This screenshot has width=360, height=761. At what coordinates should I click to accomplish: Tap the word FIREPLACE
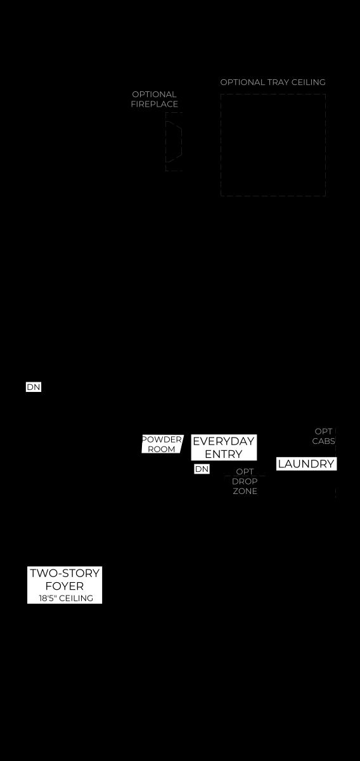click(x=155, y=104)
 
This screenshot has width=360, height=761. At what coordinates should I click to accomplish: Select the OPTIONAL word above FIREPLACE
click(x=154, y=94)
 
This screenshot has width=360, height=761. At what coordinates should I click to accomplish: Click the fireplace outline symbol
click(x=174, y=141)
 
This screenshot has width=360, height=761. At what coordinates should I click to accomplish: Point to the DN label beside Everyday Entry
click(x=202, y=469)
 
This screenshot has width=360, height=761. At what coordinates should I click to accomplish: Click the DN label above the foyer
click(x=34, y=387)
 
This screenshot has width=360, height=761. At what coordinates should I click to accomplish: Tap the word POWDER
click(x=162, y=439)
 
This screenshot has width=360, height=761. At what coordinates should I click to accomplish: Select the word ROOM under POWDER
click(x=162, y=449)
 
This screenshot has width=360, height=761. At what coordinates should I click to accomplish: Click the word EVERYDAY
click(x=224, y=441)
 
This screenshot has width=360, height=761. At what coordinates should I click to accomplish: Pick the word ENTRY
click(x=224, y=454)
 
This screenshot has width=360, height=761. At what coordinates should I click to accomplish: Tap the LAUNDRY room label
click(x=306, y=464)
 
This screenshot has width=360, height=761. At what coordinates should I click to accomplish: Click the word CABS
click(x=324, y=441)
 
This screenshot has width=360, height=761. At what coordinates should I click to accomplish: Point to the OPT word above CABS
click(x=323, y=431)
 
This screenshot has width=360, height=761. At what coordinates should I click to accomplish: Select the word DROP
click(x=245, y=481)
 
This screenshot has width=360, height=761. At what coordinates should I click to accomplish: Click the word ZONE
click(x=245, y=491)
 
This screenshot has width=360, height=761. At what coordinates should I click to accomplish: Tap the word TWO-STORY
click(x=65, y=573)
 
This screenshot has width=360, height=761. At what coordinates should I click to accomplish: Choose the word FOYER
click(x=65, y=586)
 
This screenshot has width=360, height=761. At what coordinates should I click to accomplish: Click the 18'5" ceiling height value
click(x=47, y=598)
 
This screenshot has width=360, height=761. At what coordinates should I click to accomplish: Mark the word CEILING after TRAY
click(x=309, y=82)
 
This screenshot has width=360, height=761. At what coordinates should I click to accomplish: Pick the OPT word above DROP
click(x=245, y=472)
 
